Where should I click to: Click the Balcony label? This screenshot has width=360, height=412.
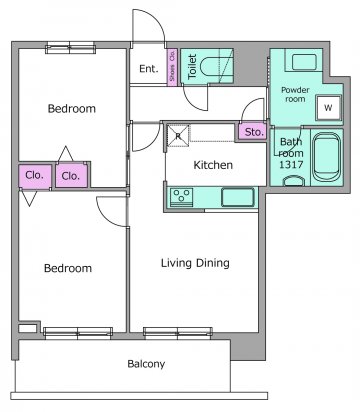point(146,364)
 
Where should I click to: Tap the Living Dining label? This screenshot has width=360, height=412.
point(195,263)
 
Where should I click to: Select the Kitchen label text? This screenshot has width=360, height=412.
point(213,165)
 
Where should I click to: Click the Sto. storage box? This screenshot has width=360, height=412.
point(253,132)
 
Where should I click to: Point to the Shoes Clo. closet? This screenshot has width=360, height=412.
point(172,67)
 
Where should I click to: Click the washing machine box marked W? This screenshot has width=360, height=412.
point(329,108)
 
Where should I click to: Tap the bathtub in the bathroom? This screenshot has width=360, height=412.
point(328,157)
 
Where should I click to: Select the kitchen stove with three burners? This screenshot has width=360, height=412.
point(182,196)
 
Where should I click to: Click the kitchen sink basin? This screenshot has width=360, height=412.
point(238,197)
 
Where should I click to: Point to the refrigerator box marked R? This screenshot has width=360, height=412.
point(178,136)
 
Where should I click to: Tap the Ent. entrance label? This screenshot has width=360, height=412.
point(148,69)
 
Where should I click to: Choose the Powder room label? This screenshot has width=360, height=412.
point(295,94)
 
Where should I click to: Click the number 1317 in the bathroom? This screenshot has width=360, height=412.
point(291,164)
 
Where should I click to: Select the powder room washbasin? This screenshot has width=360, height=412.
point(304,62)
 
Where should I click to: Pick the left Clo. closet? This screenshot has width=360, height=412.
point(35,175)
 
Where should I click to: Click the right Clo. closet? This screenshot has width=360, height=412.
point(71,175)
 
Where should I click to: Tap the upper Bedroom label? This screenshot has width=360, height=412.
point(72,108)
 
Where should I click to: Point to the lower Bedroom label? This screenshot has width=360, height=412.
point(68,268)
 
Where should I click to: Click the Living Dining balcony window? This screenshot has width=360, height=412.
point(178,333)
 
